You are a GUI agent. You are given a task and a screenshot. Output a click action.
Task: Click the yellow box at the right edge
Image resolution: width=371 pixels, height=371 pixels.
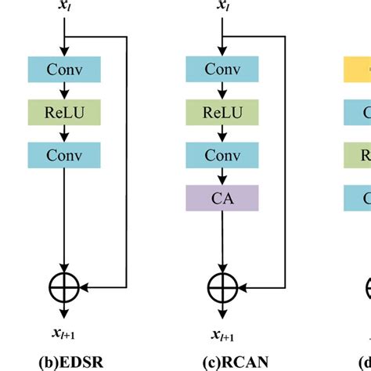pyautogui.click(x=358, y=69)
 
